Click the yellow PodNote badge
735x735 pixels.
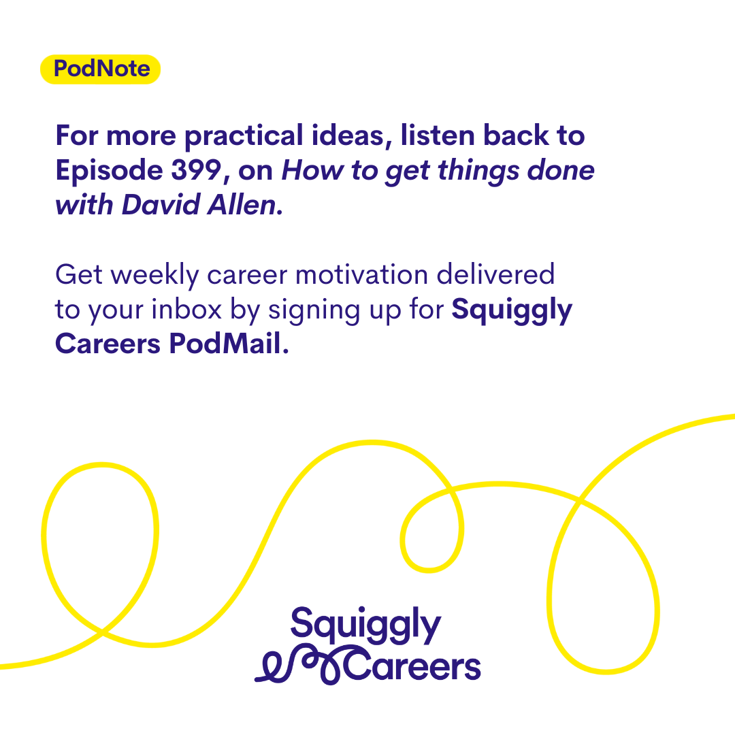100,69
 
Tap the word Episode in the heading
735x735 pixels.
109,171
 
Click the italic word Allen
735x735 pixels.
243,205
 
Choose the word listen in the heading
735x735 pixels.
438,135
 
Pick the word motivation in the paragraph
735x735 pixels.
361,274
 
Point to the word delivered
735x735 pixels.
495,274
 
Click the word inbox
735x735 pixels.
186,310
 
